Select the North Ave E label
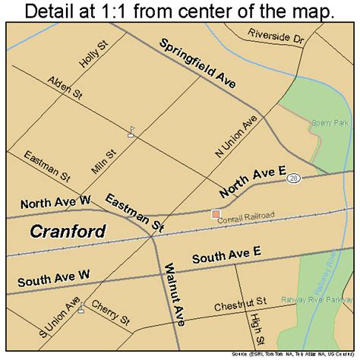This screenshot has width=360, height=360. click(x=252, y=186)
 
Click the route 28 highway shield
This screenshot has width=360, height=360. click(x=293, y=177)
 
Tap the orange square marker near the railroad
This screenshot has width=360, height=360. click(x=216, y=215)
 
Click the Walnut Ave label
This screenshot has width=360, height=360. click(x=174, y=295)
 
